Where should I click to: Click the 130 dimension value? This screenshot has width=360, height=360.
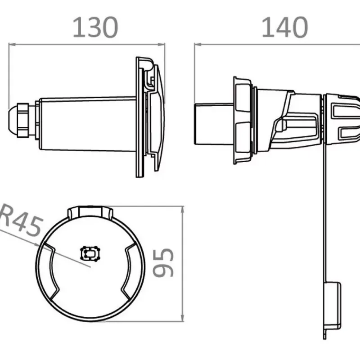pos(95,27)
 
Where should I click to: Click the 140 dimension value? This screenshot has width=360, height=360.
pos(285,27)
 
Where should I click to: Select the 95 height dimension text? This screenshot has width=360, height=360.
pos(163,262)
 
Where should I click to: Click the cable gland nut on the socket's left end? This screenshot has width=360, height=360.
pos(22,120)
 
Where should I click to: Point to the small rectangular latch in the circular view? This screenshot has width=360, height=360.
pos(90,253)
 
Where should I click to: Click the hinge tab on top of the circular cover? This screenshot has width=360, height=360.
pos(90,211)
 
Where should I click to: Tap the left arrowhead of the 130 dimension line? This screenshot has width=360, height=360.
pos(12,44)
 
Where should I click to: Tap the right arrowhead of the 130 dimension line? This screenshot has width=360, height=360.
pos(162,44)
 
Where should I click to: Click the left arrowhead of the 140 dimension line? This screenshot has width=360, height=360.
pos(198,44)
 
